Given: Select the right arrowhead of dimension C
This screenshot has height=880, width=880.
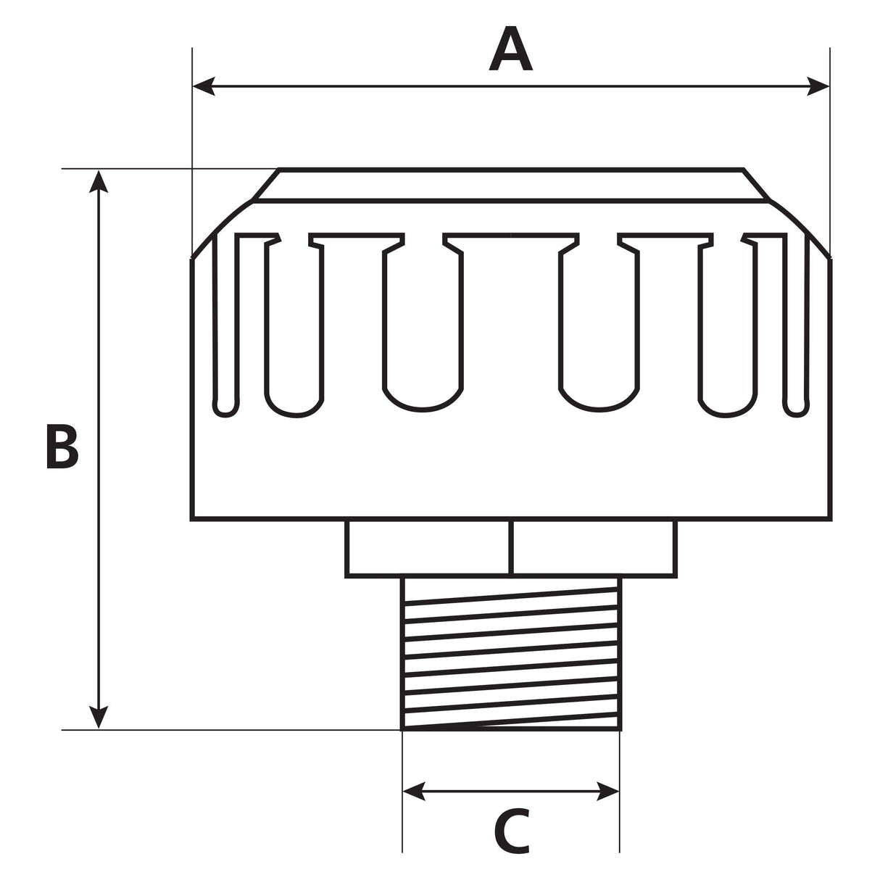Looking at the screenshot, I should coord(608,792).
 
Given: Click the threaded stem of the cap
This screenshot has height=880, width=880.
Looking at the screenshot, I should coord(511,652).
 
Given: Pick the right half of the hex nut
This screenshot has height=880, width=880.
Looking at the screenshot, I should coord(594,547).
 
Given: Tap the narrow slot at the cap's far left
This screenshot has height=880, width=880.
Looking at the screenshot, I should coord(226,326).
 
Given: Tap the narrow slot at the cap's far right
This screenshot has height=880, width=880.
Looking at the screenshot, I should coord(796,326).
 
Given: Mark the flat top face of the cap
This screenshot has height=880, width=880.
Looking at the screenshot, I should coord(511,184).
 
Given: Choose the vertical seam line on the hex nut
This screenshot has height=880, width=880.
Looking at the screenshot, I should coord(512,547).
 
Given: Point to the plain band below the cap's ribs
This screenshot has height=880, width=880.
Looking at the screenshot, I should coord(511,471).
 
